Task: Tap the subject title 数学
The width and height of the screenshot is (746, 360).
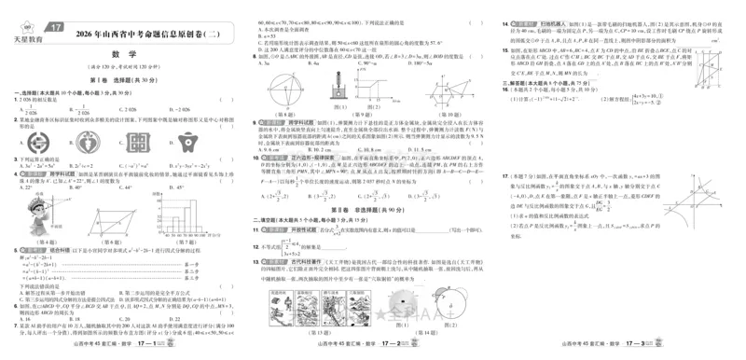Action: (x=125, y=55)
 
